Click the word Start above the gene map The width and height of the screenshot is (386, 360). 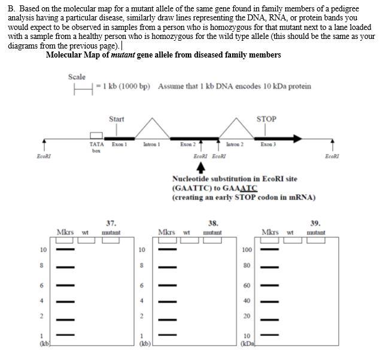click(117, 119)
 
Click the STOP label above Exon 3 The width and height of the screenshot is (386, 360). click(266, 119)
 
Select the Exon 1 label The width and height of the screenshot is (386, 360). click(118, 144)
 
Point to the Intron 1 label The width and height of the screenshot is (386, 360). click(151, 144)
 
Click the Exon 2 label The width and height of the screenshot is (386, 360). click(188, 144)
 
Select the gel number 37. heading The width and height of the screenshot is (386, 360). click(111, 222)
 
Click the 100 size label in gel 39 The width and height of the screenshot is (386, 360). click(247, 249)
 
